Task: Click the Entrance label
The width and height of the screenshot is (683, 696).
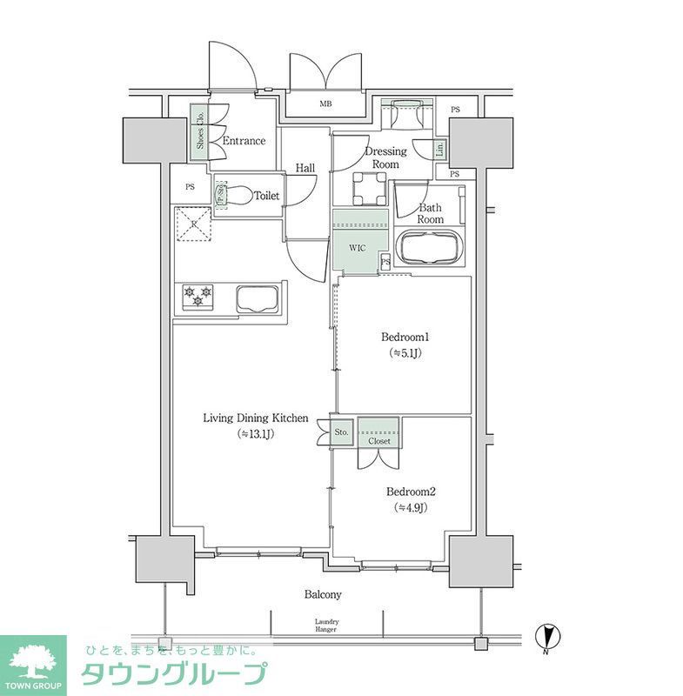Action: [244, 141]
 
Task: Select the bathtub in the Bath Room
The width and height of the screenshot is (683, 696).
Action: [430, 249]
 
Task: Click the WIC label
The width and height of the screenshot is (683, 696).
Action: [357, 248]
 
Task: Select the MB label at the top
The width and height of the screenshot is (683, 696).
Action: [325, 104]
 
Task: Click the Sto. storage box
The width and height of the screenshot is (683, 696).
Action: [342, 432]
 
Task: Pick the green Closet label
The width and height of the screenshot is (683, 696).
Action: [379, 441]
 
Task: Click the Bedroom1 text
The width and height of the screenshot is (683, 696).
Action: [405, 337]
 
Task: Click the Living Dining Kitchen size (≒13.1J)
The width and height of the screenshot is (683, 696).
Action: [255, 434]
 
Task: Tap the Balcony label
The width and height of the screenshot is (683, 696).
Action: [322, 595]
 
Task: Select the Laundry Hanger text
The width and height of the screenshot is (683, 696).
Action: [326, 626]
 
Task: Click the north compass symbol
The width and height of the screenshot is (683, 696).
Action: [546, 637]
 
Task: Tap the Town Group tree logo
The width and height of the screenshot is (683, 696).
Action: [33, 659]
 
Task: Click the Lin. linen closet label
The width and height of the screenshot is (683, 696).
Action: [439, 149]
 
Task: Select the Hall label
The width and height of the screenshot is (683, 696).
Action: [305, 168]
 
